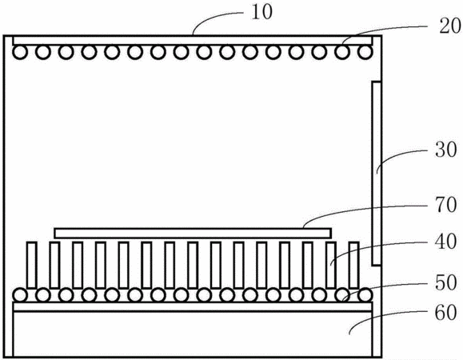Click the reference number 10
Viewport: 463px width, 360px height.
pos(262,13)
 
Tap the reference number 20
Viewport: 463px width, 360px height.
pos(449,26)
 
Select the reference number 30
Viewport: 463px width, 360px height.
pos(446,150)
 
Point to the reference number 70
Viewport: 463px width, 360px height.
pos(446,205)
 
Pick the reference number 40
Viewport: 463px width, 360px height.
pos(446,242)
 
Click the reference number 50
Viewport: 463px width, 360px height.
pos(446,282)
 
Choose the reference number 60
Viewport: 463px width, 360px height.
pos(446,313)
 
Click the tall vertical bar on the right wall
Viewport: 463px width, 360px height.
pos(376,174)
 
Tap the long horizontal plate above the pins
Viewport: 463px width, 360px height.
pos(193,233)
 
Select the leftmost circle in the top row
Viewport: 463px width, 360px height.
pos(20,52)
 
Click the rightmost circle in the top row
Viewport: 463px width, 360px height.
pos(365,52)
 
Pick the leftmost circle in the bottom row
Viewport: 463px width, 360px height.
pos(20,294)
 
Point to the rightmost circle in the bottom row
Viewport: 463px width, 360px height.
pos(365,294)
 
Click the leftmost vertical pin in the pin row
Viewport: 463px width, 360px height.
pos(32,265)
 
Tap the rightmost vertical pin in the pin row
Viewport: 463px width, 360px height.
pos(354,265)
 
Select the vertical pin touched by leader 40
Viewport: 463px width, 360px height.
pos(331,265)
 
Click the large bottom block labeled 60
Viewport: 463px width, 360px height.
pos(193,334)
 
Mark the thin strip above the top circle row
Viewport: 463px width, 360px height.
pos(193,41)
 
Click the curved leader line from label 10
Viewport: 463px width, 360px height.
pos(215,18)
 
